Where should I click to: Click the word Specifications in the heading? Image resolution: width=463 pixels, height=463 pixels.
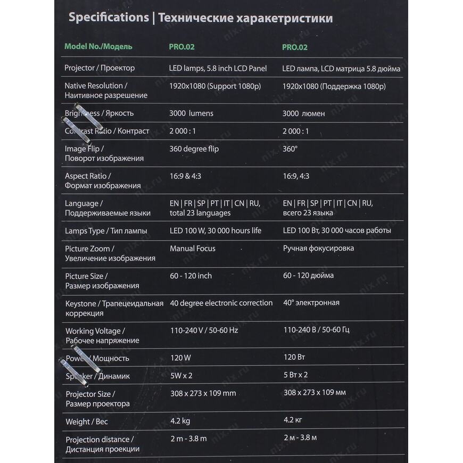coord(109,18)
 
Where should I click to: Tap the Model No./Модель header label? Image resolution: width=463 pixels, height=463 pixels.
coord(98,46)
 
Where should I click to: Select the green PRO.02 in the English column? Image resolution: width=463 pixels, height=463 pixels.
coord(182,47)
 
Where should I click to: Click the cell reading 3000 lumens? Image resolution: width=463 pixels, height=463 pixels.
coord(191,113)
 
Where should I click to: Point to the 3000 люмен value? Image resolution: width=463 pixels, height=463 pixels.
coord(304,113)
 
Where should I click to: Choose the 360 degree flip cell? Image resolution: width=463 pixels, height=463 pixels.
coord(194,149)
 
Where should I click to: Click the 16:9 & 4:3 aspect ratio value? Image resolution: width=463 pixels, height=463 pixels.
coord(185,176)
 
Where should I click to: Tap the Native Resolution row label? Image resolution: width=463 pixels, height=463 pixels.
coord(96,86)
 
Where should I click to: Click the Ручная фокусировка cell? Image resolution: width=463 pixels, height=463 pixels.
coord(318,248)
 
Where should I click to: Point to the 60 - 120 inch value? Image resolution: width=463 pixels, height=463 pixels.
coord(191,276)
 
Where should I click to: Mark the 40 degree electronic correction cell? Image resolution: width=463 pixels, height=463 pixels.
coord(221,303)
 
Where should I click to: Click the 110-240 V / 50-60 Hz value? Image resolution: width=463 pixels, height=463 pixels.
coord(204,330)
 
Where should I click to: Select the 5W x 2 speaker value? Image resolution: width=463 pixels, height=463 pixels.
coord(181,376)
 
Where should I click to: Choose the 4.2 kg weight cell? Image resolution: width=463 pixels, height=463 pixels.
coord(180,421)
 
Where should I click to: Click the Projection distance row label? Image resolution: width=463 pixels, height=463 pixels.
coord(99,440)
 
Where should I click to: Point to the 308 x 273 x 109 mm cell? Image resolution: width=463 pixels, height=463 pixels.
coord(203,393)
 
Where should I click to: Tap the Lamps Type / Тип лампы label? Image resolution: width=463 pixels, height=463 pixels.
coord(106,231)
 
